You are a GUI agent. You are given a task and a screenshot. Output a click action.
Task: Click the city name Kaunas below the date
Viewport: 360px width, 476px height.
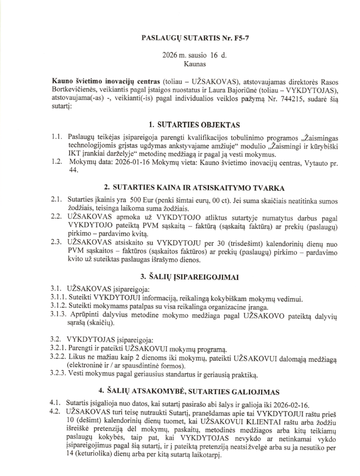pos(194,64)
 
